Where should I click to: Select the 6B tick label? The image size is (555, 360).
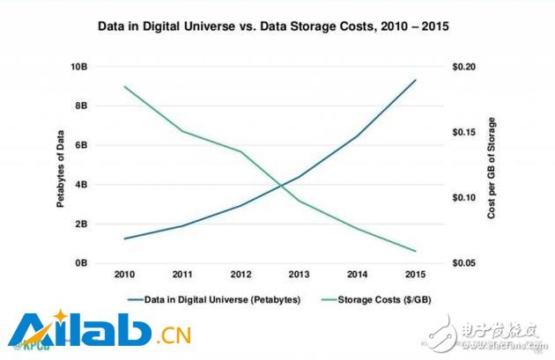click(81, 145)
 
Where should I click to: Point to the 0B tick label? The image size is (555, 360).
click(81, 263)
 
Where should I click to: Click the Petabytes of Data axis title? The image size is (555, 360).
click(61, 165)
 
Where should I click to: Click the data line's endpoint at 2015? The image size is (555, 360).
click(416, 80)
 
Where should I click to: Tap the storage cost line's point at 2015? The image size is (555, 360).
click(416, 251)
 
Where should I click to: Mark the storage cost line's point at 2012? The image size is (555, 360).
click(241, 151)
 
